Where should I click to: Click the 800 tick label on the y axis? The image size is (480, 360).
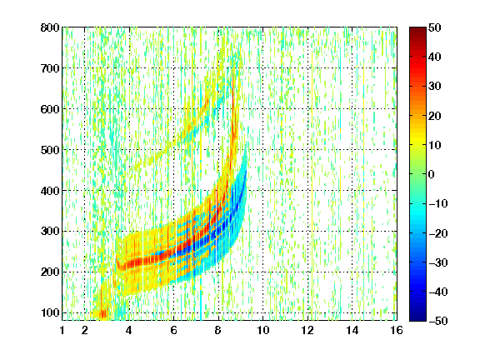pos(50,27)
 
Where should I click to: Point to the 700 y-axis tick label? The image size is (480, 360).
pos(50,68)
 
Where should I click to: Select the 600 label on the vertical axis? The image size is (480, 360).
pos(50,109)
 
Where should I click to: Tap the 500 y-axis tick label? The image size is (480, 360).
pos(50,150)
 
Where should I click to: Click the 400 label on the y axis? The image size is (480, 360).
pos(50,191)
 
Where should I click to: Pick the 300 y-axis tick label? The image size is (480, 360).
pos(50,231)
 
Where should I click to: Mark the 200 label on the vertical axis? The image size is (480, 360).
pos(50,272)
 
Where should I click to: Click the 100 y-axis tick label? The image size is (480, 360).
pos(50,312)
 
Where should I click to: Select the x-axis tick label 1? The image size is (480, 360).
pos(62,330)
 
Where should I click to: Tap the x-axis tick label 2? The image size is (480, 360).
pos(85,330)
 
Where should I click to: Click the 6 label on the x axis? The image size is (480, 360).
pos(173,330)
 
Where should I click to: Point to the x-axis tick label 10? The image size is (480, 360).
pos(263,330)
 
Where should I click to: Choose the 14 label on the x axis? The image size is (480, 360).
pos(352,330)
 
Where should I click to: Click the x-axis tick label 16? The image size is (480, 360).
pos(397,330)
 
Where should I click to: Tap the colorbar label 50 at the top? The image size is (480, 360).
pos(434,27)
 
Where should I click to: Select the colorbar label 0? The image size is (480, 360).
pos(432,174)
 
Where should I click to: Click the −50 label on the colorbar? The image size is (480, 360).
pos(438,321)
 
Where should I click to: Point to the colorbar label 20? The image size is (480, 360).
pos(434,116)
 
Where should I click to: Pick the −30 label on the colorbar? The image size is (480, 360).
pos(438,262)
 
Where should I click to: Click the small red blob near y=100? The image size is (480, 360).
pos(103,314)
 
